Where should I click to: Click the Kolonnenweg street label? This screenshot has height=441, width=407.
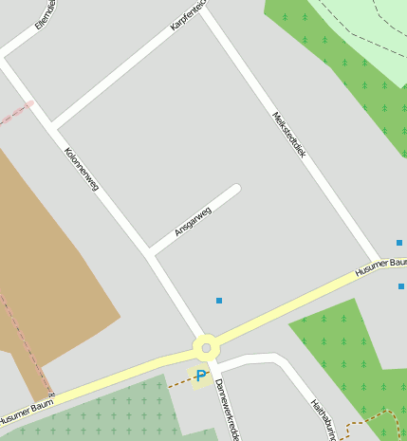82,169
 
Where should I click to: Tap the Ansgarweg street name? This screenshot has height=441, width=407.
193,221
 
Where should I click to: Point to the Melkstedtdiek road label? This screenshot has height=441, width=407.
289,135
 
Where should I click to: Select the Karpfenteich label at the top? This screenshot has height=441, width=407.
188,18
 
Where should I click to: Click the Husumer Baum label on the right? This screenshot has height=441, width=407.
380,266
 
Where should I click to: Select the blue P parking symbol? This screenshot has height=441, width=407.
200,377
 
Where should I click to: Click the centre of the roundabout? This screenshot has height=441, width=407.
206,346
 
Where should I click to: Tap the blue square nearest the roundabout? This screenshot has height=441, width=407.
219,301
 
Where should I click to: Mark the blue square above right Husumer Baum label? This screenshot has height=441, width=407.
399,243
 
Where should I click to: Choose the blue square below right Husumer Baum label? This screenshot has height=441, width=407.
401,285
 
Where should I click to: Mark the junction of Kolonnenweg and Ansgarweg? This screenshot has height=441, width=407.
150,253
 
